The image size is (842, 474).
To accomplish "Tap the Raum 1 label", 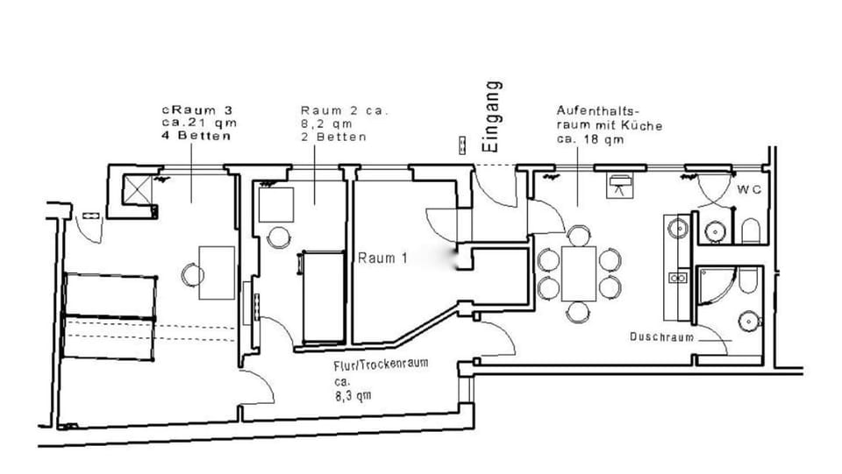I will pyautogui.click(x=382, y=258).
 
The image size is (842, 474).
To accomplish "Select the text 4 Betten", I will pyautogui.click(x=196, y=137).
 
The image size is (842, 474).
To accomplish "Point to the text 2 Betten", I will pyautogui.click(x=333, y=138).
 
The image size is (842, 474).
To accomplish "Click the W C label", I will pyautogui.click(x=748, y=189).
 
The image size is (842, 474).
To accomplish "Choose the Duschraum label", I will pyautogui.click(x=661, y=336).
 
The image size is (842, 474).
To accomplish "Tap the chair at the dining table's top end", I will pyautogui.click(x=578, y=235).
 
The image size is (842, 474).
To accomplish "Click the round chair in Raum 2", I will pyautogui.click(x=278, y=237).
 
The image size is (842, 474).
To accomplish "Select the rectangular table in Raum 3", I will pyautogui.click(x=217, y=272).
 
